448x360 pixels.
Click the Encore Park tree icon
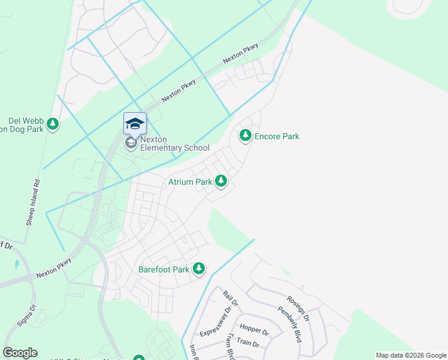click(245, 136)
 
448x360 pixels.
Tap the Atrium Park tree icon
click(221, 181)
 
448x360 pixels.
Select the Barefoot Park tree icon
click(199, 269)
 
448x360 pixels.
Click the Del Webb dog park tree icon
click(53, 124)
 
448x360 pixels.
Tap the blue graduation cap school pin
click(135, 124)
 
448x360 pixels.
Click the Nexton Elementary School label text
click(174, 143)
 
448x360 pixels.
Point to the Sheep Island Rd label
click(32, 202)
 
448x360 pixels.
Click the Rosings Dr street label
click(297, 308)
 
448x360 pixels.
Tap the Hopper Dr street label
click(253, 328)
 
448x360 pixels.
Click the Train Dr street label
click(247, 344)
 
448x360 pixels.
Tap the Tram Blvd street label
click(229, 347)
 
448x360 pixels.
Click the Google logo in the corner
click(20, 353)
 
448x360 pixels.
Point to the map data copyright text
click(411, 355)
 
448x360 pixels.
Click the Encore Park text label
click(277, 136)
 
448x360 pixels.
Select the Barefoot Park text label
click(164, 269)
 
